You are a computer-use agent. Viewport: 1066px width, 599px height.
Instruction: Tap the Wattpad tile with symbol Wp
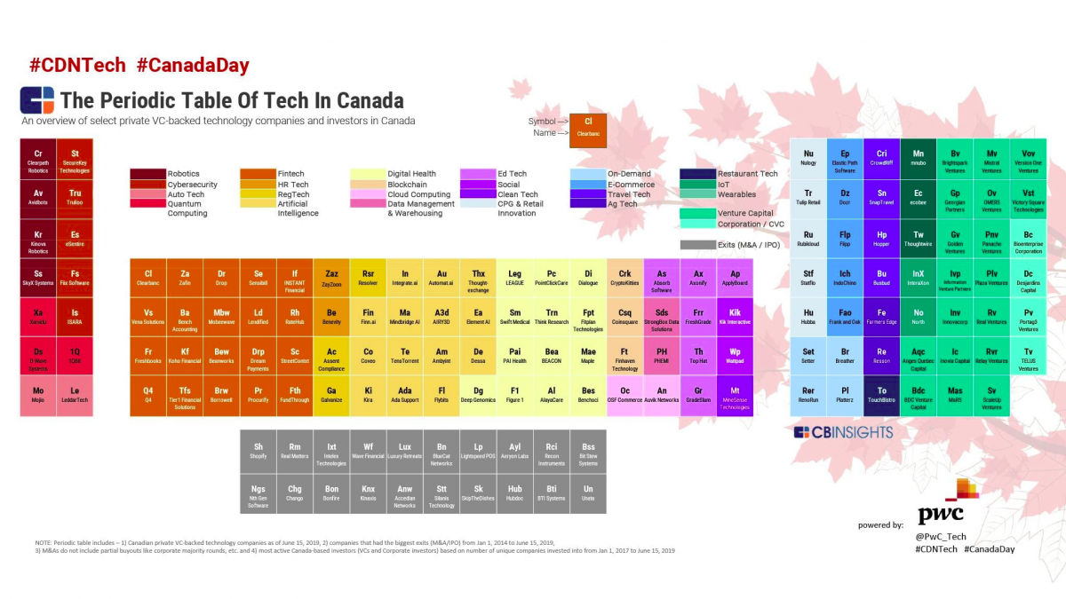[735, 356]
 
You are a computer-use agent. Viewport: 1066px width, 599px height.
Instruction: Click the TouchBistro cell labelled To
[882, 395]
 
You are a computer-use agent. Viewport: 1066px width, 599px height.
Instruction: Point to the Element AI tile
[478, 317]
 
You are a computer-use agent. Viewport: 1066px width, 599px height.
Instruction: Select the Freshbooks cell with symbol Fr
[148, 356]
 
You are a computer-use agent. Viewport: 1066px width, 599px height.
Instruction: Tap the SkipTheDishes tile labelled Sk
[478, 493]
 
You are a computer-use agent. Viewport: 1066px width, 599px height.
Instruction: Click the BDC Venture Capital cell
[919, 395]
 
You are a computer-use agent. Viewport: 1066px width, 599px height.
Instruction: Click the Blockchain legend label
[407, 185]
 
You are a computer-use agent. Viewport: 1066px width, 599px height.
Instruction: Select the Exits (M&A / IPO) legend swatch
[697, 245]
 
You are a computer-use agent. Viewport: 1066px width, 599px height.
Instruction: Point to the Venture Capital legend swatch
[697, 213]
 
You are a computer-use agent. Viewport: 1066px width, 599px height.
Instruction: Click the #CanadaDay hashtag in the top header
[193, 65]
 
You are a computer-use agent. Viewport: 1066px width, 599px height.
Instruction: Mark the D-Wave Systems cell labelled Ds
[38, 356]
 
